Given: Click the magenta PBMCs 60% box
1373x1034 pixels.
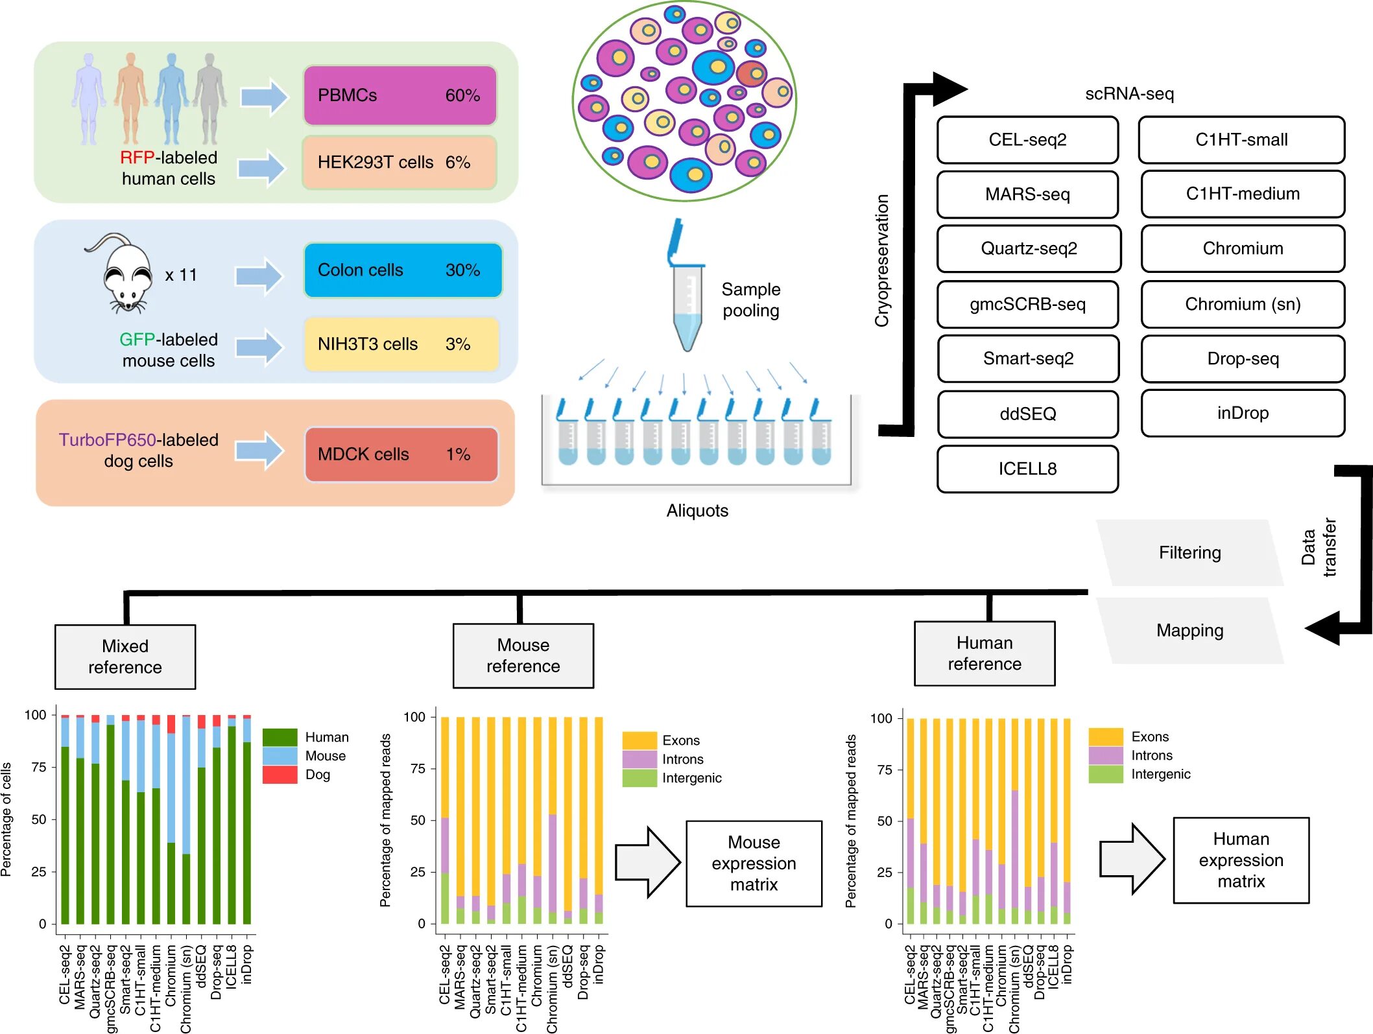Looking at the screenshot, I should point(400,95).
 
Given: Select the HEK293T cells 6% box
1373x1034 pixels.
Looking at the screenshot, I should point(400,162).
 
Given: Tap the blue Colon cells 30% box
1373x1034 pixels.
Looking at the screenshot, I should point(402,270).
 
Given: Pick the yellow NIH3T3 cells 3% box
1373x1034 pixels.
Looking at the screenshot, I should point(401,344).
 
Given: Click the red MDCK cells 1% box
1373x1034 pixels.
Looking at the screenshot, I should point(401,454).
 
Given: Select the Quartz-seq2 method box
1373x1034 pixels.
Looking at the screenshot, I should point(1028,249).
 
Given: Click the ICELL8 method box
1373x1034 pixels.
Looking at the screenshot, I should point(1027,469).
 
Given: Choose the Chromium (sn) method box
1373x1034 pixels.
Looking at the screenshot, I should point(1242,304).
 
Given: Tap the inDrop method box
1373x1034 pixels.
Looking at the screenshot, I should point(1242,413).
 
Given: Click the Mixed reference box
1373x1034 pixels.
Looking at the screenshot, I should point(125,657).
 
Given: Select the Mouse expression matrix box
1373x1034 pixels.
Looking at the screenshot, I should point(754,864).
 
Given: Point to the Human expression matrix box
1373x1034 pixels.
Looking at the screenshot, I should point(1241,860).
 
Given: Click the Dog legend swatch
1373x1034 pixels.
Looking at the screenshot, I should point(280,775).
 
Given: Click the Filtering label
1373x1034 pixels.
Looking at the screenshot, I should point(1189,553).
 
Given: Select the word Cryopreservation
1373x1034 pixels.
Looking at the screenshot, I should point(882,261).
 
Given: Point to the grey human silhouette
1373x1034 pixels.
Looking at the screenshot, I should point(209,99).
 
